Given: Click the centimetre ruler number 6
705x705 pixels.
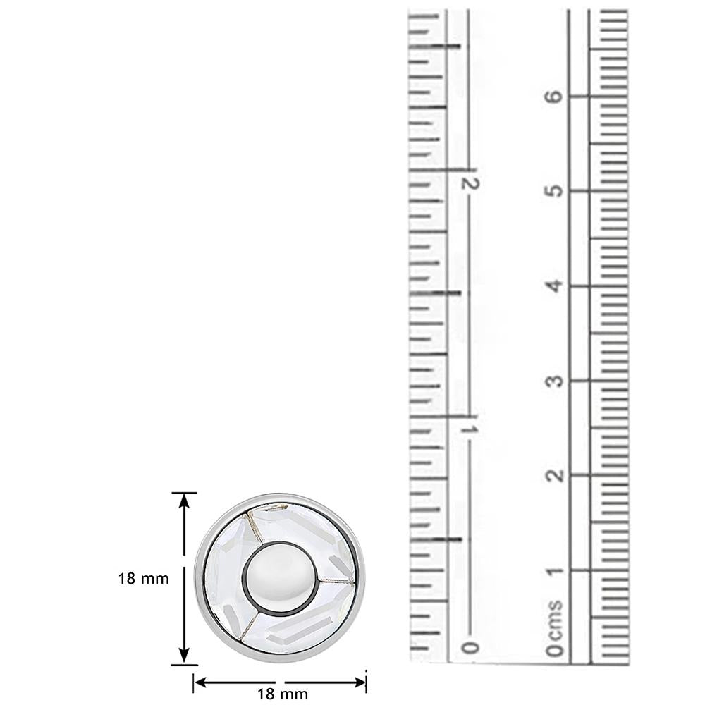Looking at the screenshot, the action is pyautogui.click(x=556, y=96).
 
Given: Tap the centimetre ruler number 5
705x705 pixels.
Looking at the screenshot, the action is pyautogui.click(x=556, y=190).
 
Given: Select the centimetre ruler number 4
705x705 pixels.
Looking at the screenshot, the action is pyautogui.click(x=556, y=286).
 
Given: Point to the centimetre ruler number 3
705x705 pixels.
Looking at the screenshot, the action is pyautogui.click(x=556, y=381).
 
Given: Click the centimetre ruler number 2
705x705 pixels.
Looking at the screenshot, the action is pyautogui.click(x=556, y=475).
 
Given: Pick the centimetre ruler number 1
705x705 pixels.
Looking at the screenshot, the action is pyautogui.click(x=556, y=572).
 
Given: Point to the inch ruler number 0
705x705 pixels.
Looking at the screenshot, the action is pyautogui.click(x=471, y=648).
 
